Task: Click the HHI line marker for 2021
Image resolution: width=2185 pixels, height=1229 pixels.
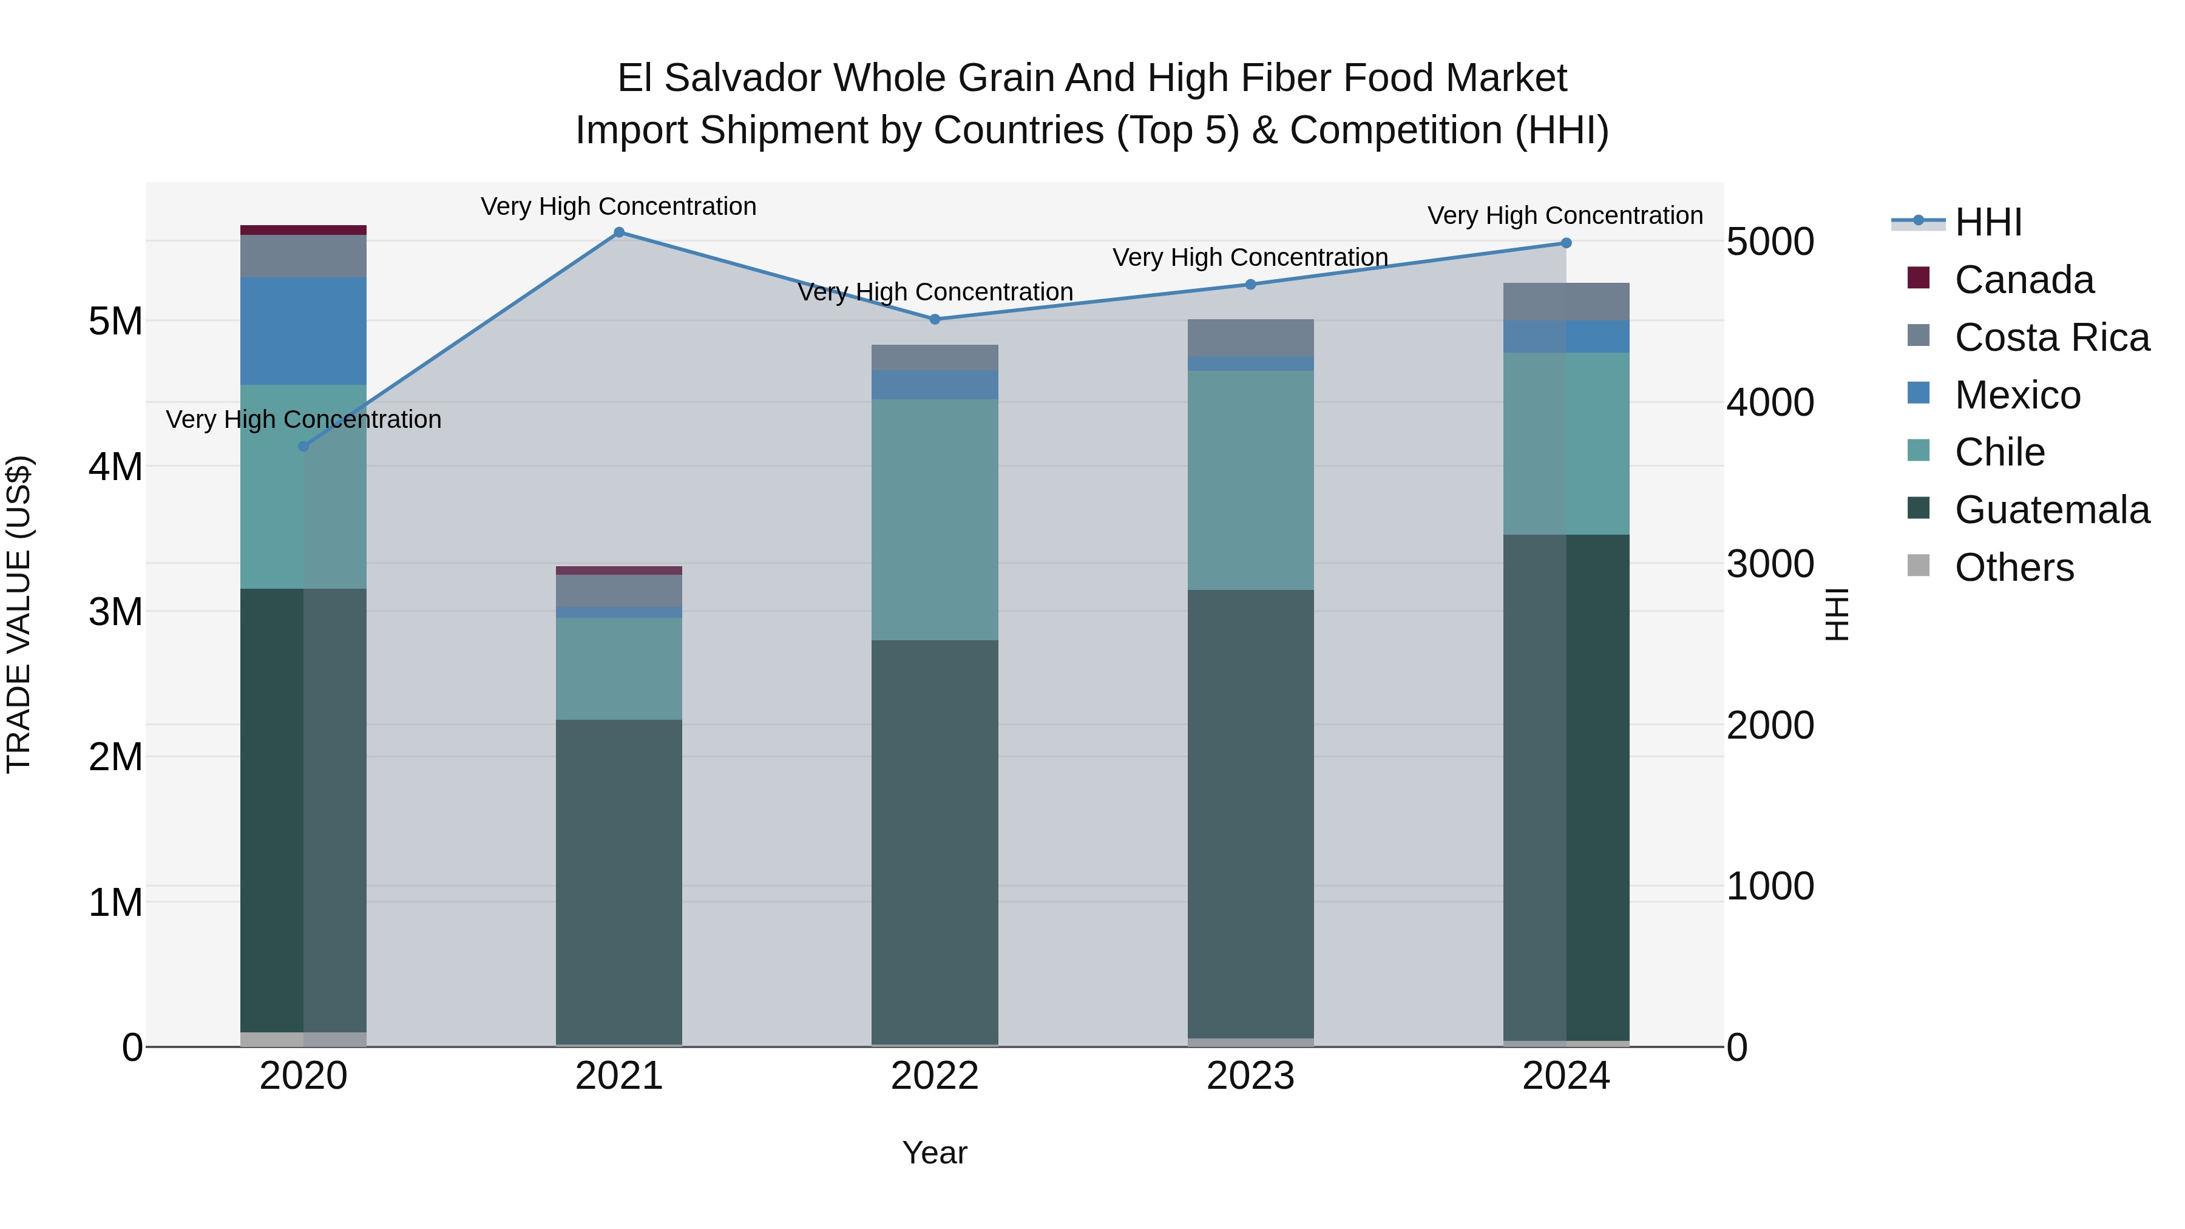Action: [618, 232]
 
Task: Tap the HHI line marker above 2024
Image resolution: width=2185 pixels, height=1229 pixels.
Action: [1566, 243]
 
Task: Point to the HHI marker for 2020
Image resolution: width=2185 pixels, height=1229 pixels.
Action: [303, 447]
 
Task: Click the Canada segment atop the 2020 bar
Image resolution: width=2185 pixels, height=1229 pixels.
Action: [303, 230]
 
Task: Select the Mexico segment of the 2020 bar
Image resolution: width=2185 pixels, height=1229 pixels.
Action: [303, 331]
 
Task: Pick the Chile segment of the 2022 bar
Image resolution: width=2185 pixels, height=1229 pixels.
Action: [935, 519]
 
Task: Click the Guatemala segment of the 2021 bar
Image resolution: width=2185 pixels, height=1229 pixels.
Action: [618, 882]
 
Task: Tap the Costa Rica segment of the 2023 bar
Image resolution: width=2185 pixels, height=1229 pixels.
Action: [1250, 337]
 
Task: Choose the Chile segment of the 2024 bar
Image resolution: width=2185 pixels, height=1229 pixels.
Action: [1566, 444]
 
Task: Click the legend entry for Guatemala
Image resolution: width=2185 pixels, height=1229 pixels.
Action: [2051, 510]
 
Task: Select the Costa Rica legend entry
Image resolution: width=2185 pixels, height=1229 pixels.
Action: [2051, 337]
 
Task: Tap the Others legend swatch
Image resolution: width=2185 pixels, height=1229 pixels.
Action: [1918, 566]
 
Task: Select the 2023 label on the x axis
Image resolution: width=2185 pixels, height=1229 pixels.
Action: [1250, 1076]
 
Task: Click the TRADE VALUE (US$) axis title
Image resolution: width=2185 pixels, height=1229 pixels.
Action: [19, 614]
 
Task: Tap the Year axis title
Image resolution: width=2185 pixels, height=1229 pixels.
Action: [935, 1153]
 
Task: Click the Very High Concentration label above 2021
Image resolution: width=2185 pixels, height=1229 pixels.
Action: [618, 206]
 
